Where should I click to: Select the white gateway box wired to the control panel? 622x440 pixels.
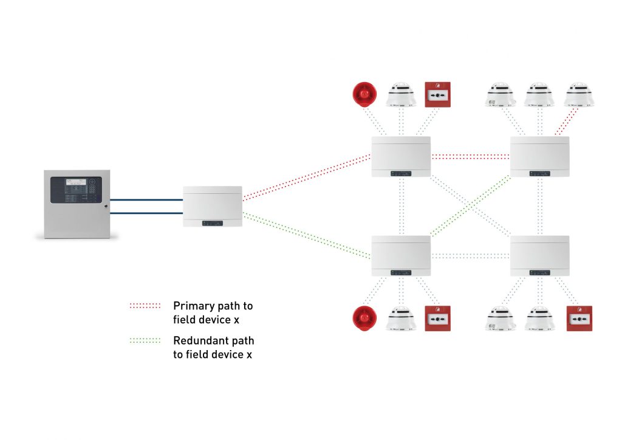point(213,207)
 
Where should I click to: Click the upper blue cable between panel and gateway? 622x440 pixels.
point(146,200)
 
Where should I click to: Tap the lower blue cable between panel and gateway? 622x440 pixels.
point(146,213)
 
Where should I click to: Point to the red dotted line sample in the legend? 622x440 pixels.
point(145,306)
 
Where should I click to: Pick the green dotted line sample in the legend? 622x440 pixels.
point(145,340)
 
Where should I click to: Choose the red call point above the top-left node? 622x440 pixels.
point(437,94)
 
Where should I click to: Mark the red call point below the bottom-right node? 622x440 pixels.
point(579,318)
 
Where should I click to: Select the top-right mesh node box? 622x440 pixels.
point(540,156)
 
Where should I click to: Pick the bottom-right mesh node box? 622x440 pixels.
point(540,255)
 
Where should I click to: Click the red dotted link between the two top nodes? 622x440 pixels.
point(471,156)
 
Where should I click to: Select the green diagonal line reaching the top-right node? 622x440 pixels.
point(471,204)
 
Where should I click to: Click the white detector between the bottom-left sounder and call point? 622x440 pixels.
point(401,318)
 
